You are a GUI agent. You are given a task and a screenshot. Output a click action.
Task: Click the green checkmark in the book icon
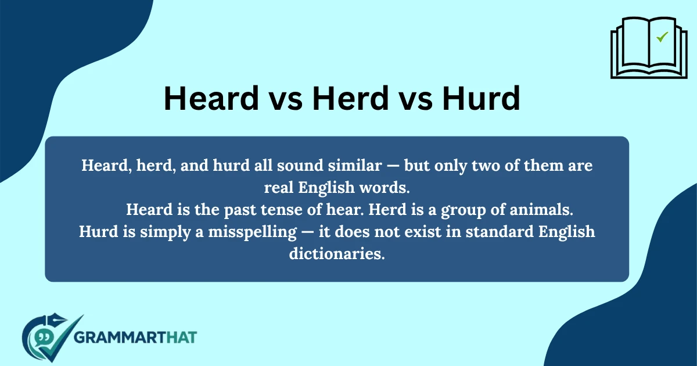tap(662, 37)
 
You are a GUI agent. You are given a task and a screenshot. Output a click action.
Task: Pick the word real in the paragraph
tap(278, 189)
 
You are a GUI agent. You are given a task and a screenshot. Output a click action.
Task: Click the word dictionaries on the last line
tap(337, 254)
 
